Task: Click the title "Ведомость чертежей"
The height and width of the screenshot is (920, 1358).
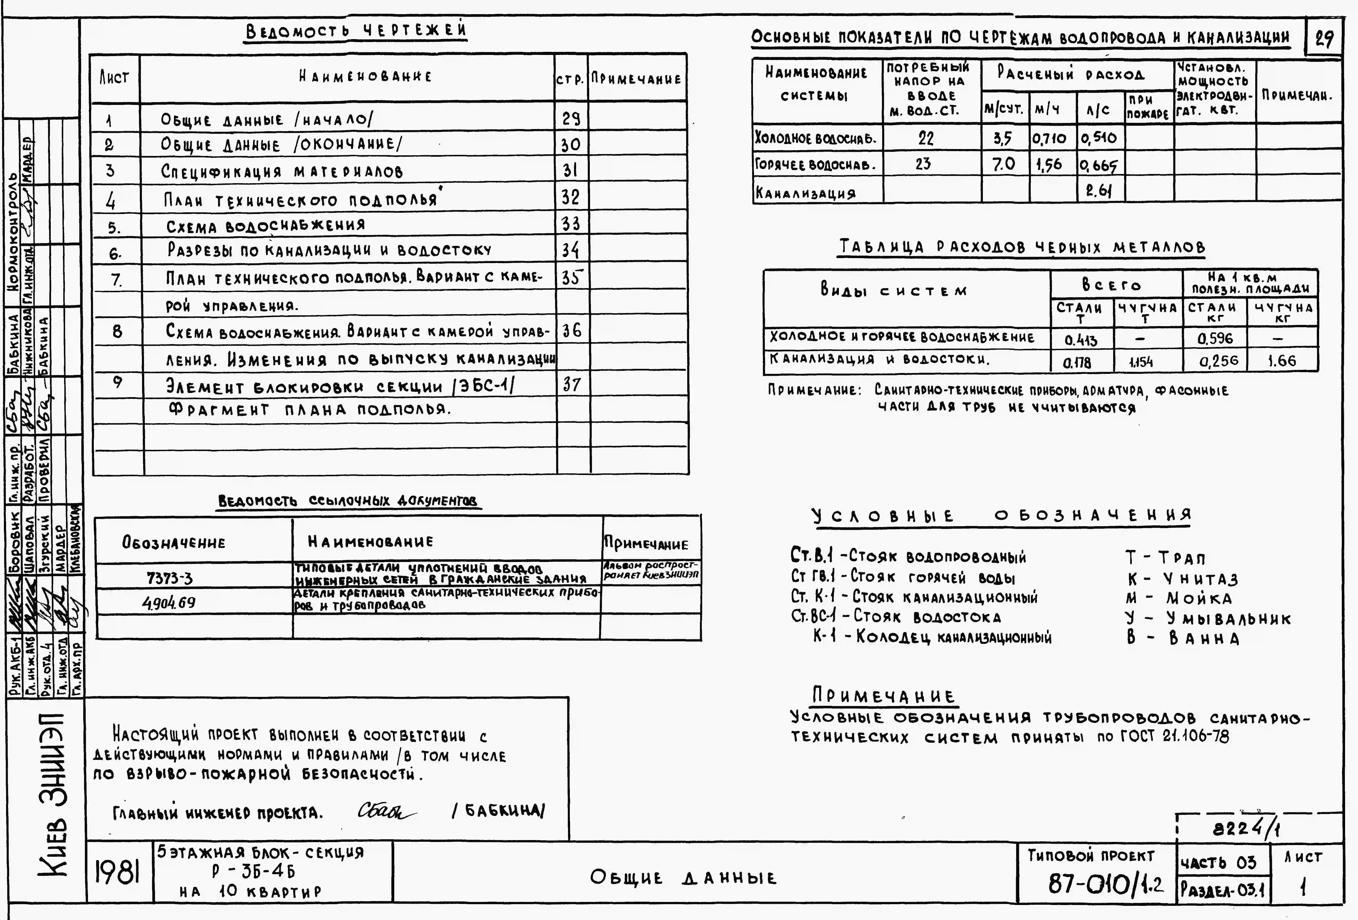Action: click(x=356, y=30)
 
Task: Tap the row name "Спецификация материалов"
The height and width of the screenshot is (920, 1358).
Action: click(x=282, y=171)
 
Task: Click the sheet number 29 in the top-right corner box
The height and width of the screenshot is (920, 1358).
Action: click(x=1324, y=39)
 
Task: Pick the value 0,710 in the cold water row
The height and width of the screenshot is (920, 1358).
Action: click(x=1049, y=139)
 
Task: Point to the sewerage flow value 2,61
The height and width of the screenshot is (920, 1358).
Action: click(x=1099, y=190)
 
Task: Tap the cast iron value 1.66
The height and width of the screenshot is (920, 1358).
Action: click(x=1281, y=361)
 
